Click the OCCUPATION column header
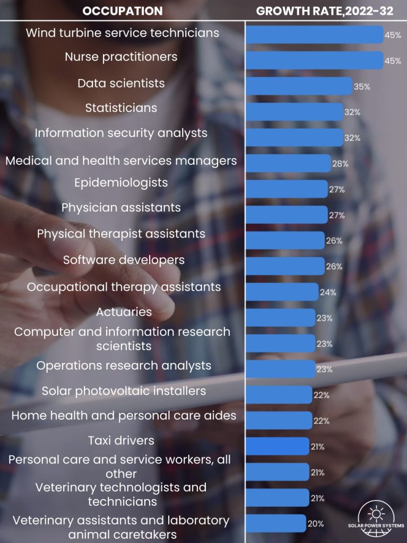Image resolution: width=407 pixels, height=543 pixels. [123, 11]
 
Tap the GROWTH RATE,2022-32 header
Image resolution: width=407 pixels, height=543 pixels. [324, 11]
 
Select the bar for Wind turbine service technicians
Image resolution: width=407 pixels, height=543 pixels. [314, 34]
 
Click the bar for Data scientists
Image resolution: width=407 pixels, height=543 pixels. [299, 86]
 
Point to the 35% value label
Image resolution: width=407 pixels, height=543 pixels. [362, 86]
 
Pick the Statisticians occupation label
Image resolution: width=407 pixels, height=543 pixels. [121, 108]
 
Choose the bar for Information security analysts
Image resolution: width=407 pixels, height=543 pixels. [295, 138]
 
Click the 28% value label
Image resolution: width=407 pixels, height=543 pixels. [340, 164]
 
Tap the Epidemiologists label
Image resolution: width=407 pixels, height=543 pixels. [121, 183]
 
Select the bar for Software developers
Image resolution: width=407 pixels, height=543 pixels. [285, 266]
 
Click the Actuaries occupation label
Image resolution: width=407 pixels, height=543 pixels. [124, 312]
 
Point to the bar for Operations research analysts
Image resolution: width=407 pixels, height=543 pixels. [281, 369]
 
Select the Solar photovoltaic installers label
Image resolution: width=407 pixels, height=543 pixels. [124, 391]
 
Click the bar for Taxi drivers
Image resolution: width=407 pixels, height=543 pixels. [278, 446]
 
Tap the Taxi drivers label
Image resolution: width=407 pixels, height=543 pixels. [121, 440]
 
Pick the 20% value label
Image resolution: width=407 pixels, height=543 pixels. [316, 524]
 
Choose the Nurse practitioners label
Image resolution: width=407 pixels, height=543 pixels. [121, 57]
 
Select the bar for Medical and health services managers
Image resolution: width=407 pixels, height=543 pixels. [288, 163]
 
